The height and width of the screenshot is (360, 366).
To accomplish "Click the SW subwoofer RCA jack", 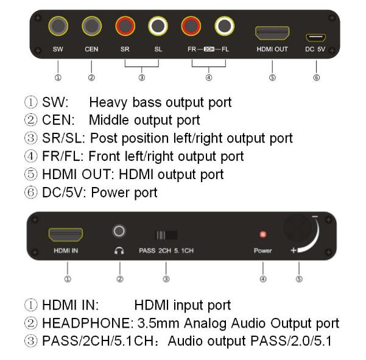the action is tap(58, 26).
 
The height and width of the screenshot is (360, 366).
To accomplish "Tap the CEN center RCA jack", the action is tap(91, 26).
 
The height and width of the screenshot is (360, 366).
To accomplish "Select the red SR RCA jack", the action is tap(125, 26).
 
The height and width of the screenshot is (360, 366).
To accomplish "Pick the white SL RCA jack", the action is tap(158, 26).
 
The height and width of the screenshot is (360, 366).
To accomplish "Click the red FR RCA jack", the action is tap(191, 26).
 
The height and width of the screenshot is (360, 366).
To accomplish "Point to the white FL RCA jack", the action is tap(224, 26).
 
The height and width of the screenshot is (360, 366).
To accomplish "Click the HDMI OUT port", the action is tap(272, 33).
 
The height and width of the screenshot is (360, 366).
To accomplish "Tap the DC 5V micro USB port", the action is tap(316, 38).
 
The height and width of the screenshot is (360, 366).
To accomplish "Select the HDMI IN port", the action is tap(66, 235).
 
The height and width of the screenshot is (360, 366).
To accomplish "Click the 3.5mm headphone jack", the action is tap(119, 231).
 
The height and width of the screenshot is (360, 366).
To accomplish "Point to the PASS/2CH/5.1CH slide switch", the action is tap(166, 235).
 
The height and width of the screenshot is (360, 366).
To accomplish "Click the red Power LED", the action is tap(263, 234).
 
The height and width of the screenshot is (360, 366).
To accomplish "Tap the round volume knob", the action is tap(297, 229).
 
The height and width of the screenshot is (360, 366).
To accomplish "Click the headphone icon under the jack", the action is tap(119, 251).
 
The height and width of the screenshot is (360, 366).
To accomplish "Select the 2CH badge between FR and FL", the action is tap(209, 49).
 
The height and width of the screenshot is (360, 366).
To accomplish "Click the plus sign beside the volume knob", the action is tap(294, 250).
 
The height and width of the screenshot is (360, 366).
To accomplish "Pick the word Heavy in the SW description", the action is tap(108, 103).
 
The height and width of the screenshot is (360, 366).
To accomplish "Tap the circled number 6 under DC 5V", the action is tap(316, 77).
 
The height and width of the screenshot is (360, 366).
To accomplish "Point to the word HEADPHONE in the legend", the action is tap(86, 323).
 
